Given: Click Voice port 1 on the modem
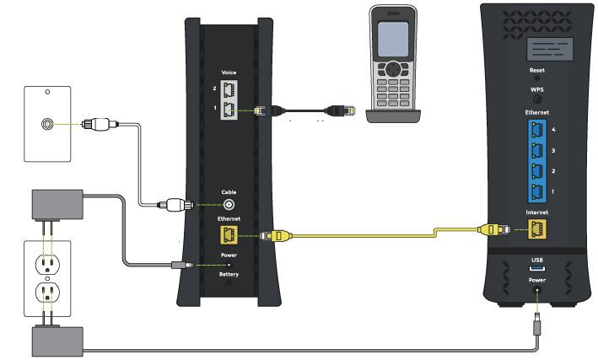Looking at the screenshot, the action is [x=229, y=110].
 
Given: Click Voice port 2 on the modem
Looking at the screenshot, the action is [x=229, y=90].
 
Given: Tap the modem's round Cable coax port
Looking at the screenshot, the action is [x=229, y=205].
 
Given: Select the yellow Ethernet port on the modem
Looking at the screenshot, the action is [x=229, y=234].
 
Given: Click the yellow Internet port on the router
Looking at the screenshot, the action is [x=537, y=228].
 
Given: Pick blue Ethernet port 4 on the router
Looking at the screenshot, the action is [x=537, y=131].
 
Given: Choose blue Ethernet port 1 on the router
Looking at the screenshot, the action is [x=537, y=192].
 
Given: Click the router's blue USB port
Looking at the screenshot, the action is [x=537, y=268].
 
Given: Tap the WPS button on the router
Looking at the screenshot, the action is [x=537, y=99].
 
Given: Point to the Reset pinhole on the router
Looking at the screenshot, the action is [x=537, y=78].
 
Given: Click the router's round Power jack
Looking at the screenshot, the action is [x=537, y=291].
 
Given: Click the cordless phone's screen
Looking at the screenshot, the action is [x=393, y=40].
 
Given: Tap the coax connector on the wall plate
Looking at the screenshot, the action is [x=47, y=124].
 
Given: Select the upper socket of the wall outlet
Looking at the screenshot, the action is [x=47, y=264].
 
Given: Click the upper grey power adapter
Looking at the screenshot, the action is [x=57, y=204].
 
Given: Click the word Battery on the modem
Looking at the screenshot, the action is [x=229, y=274].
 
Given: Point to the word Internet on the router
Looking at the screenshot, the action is [x=537, y=212].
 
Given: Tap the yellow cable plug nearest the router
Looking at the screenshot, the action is [x=494, y=229].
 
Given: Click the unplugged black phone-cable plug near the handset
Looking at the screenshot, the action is [x=340, y=110].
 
